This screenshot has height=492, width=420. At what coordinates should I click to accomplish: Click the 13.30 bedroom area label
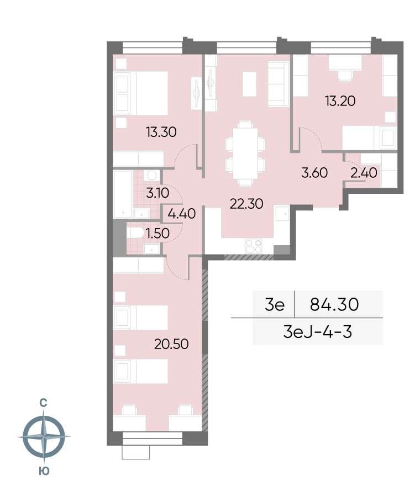coord(161,132)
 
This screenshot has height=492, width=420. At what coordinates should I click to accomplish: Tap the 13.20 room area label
coord(340,101)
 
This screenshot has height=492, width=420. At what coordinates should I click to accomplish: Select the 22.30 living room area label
coord(246,204)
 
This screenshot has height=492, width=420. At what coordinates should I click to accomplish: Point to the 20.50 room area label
coord(171,344)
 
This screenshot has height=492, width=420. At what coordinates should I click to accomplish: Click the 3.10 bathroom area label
coord(158,193)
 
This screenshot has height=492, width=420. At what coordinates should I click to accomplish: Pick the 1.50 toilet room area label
coord(158,233)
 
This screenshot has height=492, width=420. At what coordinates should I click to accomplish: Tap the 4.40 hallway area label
coord(182,214)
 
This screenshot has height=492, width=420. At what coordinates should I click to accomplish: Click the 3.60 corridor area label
coord(314,173)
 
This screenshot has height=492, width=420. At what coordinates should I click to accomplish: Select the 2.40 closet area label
coord(364,173)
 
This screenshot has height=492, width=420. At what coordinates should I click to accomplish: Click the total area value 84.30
coord(334,304)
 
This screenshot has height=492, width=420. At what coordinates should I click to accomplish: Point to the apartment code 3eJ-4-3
coord(318,332)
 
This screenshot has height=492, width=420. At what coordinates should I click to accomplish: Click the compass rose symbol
coord(44,436)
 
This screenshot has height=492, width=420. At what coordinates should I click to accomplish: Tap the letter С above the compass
coord(43,403)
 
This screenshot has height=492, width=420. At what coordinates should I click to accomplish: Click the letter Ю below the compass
coord(44,471)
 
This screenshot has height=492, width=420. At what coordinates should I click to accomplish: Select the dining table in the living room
coord(245,154)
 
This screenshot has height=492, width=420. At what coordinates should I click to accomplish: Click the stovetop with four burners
coord(254,246)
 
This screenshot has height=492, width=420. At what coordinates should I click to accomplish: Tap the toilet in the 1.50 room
coord(135,233)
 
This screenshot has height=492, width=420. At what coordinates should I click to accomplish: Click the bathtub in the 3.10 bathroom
coord(123,194)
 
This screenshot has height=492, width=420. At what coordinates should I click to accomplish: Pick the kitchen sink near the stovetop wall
coord(282,213)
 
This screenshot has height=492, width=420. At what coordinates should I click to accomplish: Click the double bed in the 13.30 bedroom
coord(141,93)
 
